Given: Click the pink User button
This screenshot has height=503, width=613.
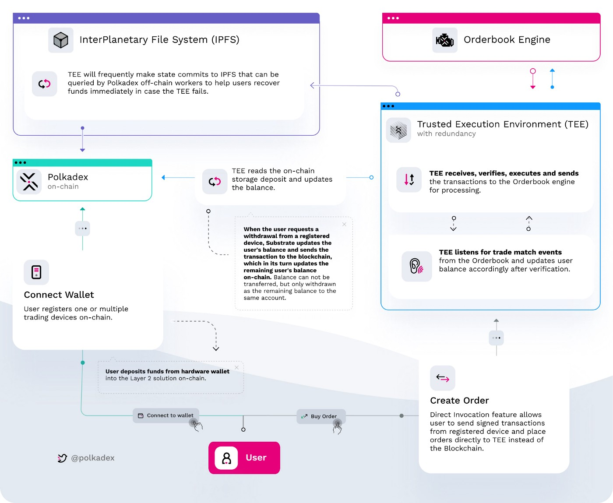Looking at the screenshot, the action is [244, 457].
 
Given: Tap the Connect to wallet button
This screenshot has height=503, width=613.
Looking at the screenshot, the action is [166, 415].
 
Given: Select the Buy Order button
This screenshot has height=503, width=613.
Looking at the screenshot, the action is [321, 416].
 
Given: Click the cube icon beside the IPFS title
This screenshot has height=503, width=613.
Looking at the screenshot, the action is [61, 40].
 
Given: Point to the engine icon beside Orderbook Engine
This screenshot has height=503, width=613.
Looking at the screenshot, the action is [445, 40].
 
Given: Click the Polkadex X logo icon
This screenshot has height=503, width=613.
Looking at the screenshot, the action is [29, 182].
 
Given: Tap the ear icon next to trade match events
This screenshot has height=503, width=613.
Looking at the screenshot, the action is [416, 266].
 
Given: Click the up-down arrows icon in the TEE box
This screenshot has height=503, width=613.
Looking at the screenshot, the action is [409, 179].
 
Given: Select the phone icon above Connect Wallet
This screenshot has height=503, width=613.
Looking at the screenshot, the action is [36, 272].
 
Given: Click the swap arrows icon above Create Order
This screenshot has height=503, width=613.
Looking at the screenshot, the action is [443, 378].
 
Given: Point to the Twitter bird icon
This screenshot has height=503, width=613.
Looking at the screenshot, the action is [62, 458].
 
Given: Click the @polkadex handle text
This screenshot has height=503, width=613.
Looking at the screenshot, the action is [93, 458].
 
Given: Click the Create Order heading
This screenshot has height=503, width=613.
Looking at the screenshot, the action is [460, 401].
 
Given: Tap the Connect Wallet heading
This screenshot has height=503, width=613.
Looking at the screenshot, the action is [59, 295].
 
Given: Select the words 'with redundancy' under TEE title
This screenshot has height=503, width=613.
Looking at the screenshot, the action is [447, 134].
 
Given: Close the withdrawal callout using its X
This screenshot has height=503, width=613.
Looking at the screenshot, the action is [344, 224].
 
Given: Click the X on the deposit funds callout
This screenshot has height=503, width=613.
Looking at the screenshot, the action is [236, 368].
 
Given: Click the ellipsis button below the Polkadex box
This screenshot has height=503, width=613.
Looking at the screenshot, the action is [83, 229].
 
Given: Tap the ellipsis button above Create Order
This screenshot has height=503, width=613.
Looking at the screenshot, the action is [496, 338].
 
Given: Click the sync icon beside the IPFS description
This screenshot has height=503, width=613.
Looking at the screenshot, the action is [45, 84].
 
